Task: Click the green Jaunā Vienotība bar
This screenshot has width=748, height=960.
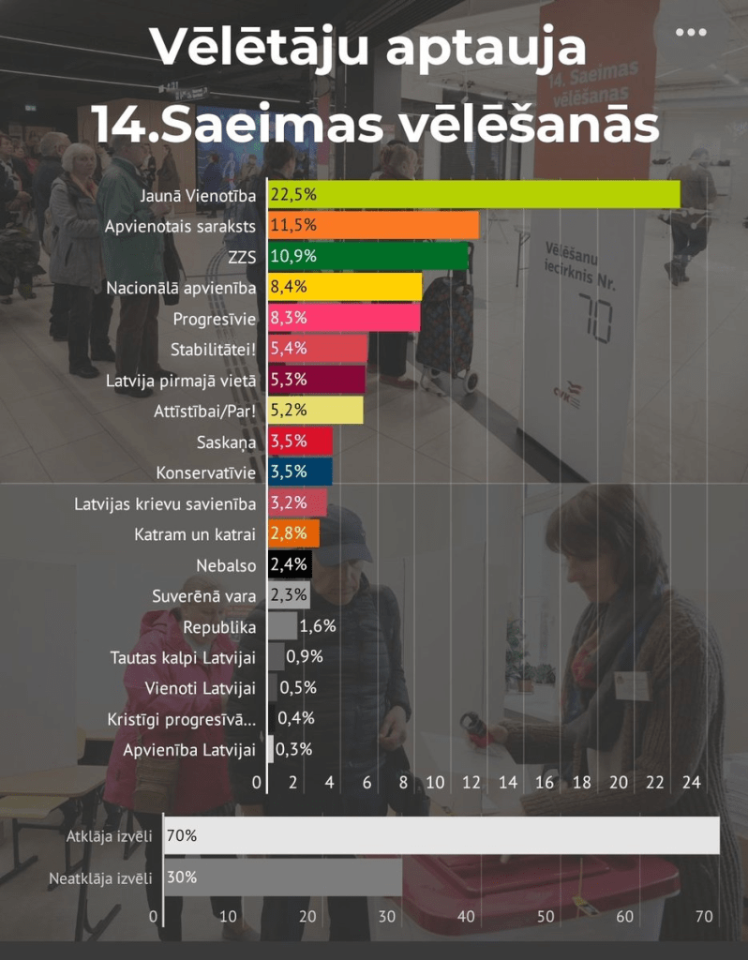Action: [x=474, y=195]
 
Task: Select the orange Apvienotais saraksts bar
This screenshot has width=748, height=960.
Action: [x=374, y=226]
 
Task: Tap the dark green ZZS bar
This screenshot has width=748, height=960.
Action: [x=368, y=257]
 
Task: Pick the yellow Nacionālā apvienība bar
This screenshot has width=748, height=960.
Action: [x=346, y=288]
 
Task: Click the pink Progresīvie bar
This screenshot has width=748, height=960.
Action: [x=345, y=319]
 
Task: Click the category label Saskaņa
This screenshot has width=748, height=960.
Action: [x=226, y=442]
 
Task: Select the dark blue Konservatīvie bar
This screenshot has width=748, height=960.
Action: [x=300, y=472]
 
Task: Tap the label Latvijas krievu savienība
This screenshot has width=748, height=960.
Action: [x=165, y=503]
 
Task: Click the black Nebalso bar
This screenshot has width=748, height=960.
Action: [x=290, y=565]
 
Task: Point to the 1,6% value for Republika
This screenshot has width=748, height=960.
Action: [x=318, y=626]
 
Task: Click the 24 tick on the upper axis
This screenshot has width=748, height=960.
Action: [x=692, y=782]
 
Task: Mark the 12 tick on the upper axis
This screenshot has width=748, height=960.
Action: [x=471, y=782]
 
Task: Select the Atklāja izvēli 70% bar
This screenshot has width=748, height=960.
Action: [x=441, y=836]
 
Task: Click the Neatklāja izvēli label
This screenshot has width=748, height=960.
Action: [x=100, y=878]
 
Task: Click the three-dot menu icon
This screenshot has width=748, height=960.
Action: [x=691, y=33]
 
